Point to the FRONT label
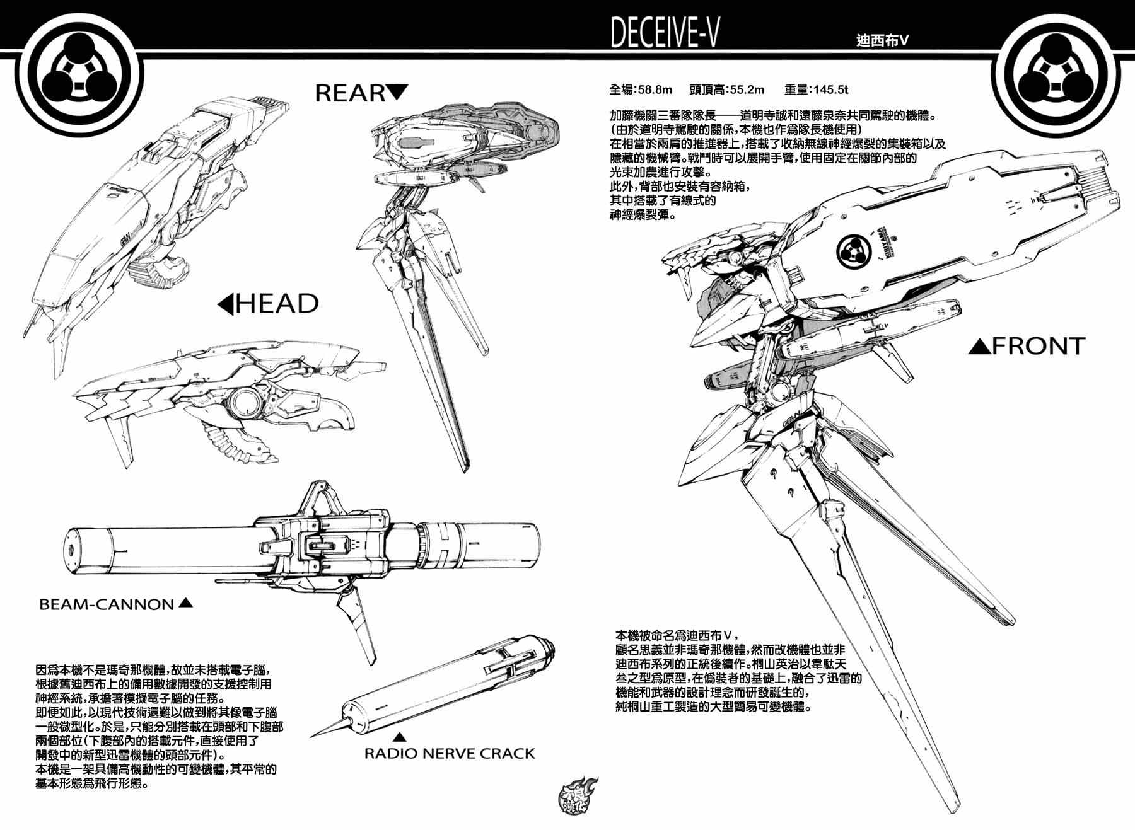point(1038,346)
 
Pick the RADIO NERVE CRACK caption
point(450,754)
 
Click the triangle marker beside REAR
point(397,92)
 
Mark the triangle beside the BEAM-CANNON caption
point(185,602)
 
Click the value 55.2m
point(743,90)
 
